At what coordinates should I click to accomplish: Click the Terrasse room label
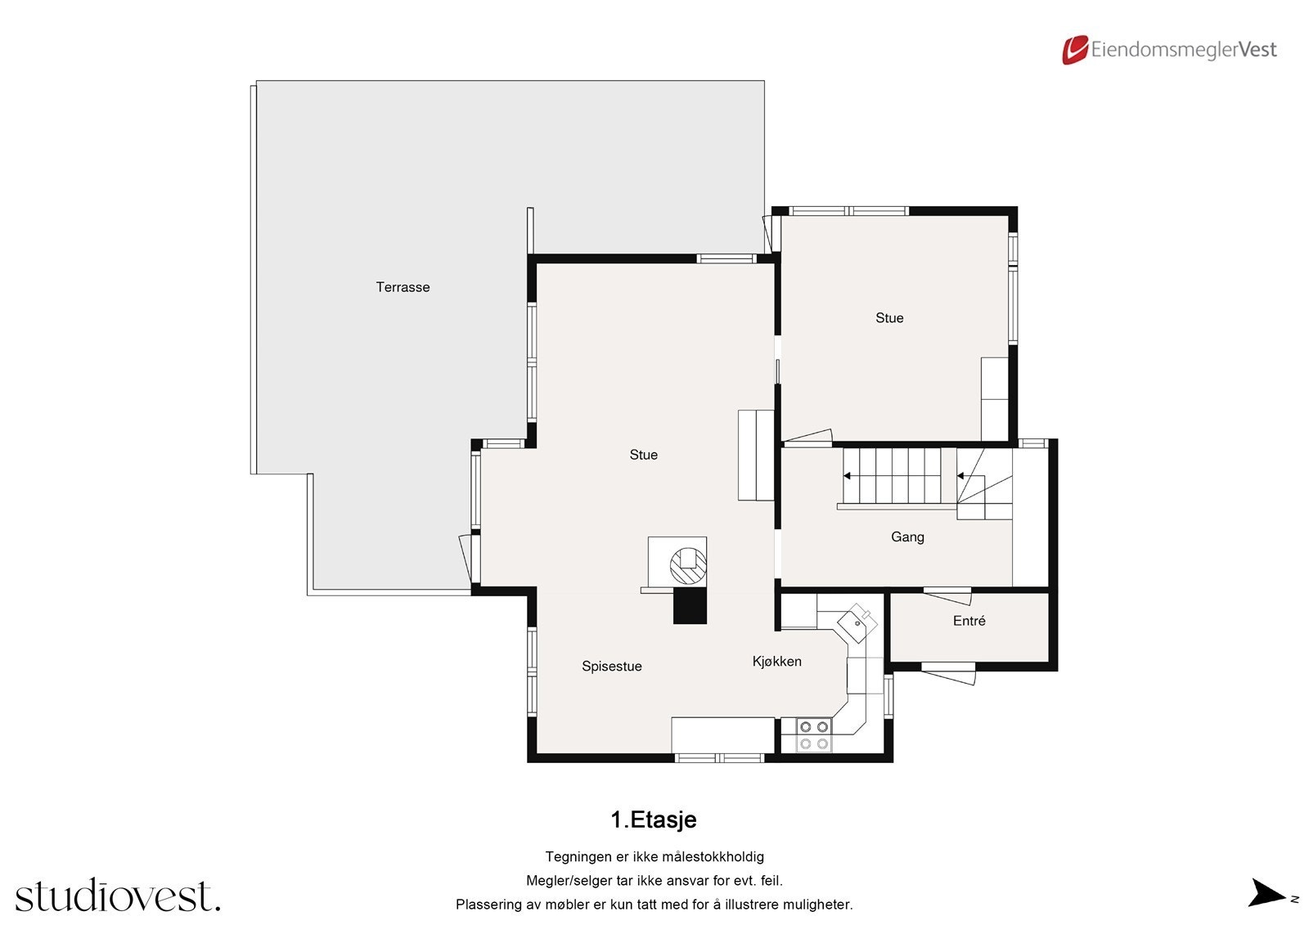pyautogui.click(x=403, y=287)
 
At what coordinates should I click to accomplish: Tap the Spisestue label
pyautogui.click(x=611, y=667)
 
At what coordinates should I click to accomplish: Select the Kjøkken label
pyautogui.click(x=776, y=662)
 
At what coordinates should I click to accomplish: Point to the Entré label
pyautogui.click(x=969, y=622)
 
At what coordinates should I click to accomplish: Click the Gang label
pyautogui.click(x=907, y=537)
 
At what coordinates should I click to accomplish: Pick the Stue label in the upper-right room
pyautogui.click(x=889, y=318)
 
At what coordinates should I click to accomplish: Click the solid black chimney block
pyautogui.click(x=689, y=607)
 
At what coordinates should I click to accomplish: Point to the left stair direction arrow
pyautogui.click(x=848, y=475)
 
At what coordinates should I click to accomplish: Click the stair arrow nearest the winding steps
pyautogui.click(x=961, y=475)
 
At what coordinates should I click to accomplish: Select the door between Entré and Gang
pyautogui.click(x=947, y=595)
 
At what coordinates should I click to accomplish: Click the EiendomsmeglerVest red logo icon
pyautogui.click(x=1074, y=50)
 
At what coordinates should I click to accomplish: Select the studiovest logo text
pyautogui.click(x=118, y=896)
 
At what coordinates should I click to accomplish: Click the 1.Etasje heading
pyautogui.click(x=654, y=819)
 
